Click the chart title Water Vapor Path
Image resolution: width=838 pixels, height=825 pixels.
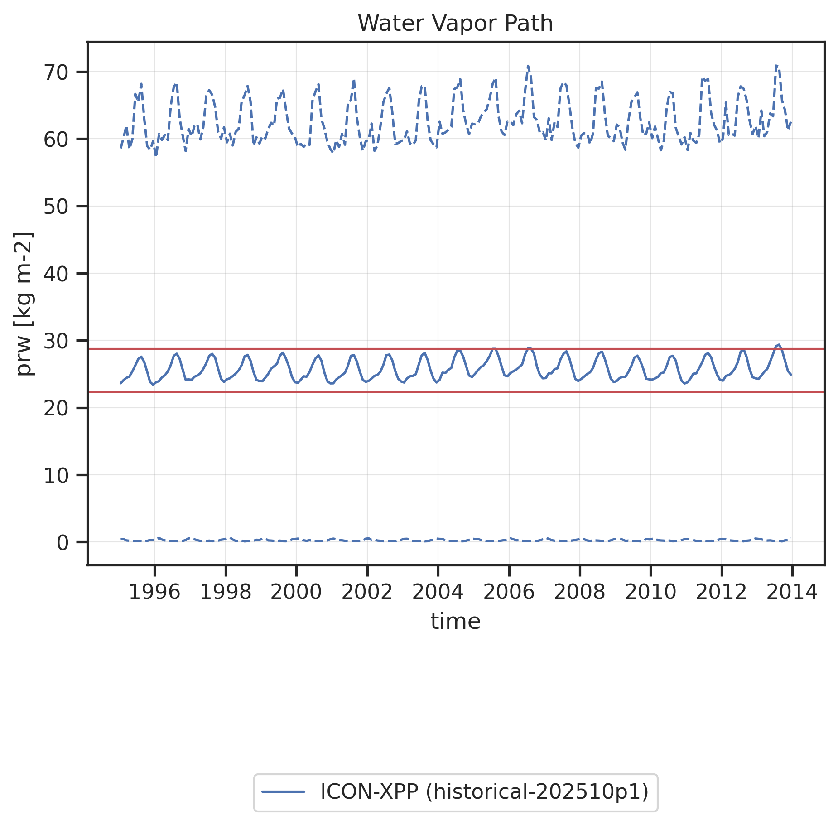[x=455, y=24]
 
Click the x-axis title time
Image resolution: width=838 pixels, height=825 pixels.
[x=455, y=621]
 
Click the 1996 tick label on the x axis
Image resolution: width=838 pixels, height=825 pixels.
[x=154, y=592]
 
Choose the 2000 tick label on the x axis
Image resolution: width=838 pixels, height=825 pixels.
[x=296, y=592]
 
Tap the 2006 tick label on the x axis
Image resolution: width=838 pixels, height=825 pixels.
[x=509, y=592]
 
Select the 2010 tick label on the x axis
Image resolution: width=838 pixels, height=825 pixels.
[x=650, y=592]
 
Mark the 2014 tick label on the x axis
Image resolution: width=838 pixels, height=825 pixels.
[x=792, y=592]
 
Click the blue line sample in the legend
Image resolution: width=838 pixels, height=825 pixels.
[x=284, y=791]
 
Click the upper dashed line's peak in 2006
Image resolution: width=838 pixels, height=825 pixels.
[x=528, y=66]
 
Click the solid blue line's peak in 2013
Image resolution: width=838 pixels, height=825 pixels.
[x=779, y=345]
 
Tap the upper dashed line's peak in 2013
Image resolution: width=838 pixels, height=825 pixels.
[x=776, y=66]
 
